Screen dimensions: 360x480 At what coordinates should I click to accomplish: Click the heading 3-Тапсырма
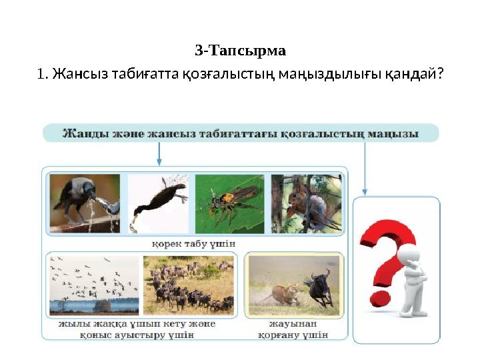tap(240, 51)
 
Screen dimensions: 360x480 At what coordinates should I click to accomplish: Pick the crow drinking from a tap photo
tap(85, 203)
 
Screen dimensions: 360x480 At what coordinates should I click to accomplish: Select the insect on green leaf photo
tap(229, 203)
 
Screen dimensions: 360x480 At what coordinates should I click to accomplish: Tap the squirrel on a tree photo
tap(306, 203)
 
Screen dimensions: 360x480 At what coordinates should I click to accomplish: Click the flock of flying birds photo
tap(94, 285)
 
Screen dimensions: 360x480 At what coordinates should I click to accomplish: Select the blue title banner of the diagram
tap(241, 133)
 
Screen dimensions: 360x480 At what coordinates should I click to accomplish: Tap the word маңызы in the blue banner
tap(393, 133)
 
